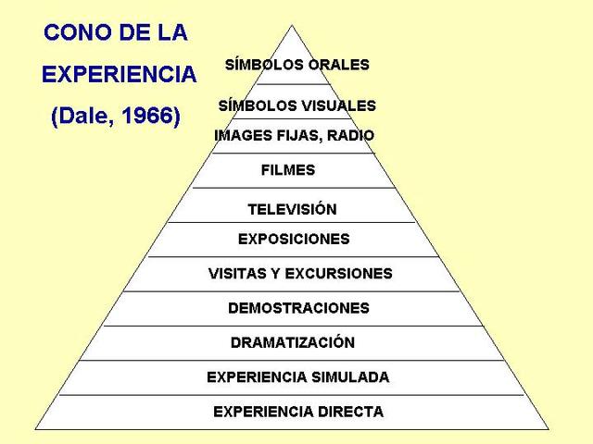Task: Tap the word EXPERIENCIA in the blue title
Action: coord(119,75)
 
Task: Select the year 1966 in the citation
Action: coord(149,117)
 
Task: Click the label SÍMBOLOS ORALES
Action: coord(296,65)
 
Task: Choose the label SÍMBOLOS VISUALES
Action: coord(296,105)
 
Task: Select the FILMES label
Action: coord(288,170)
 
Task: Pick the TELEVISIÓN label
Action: coord(292,209)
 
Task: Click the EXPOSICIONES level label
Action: coord(294,239)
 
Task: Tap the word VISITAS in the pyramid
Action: coord(236,274)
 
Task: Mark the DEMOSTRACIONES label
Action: coord(298,308)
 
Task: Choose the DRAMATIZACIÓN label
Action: coord(293,342)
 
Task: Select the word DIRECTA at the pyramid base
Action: coord(351,412)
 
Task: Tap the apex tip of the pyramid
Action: coord(295,25)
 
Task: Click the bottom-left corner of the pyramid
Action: coord(35,429)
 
